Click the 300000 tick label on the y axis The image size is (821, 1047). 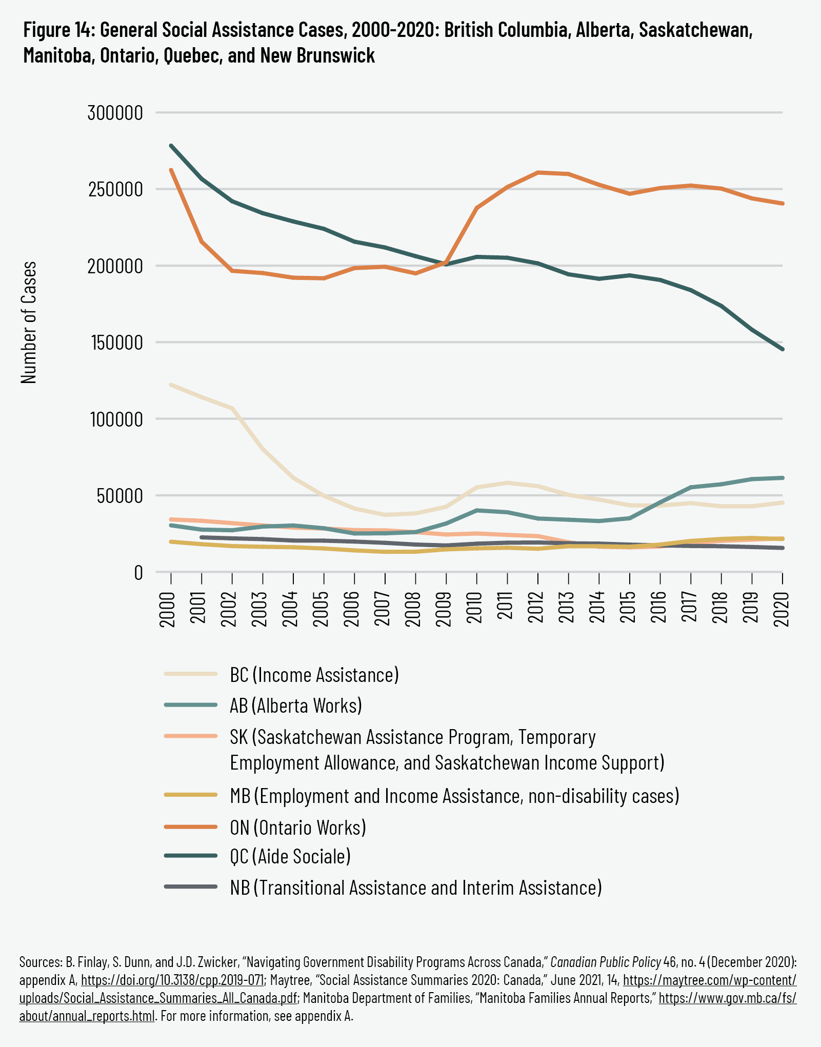tap(115, 113)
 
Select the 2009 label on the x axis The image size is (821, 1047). tap(445, 609)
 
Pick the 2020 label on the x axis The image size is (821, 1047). tap(782, 609)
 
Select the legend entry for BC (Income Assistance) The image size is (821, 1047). tap(314, 675)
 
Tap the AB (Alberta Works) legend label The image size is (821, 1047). tap(296, 706)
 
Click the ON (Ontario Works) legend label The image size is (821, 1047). tap(298, 828)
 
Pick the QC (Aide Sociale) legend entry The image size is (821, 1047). tap(290, 856)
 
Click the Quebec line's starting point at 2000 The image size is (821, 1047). tap(171, 146)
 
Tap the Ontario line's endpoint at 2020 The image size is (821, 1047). tap(782, 204)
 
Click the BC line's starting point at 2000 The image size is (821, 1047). tap(171, 385)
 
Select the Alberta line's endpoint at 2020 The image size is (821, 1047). tap(782, 478)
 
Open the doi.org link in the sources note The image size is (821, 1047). tap(172, 980)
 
